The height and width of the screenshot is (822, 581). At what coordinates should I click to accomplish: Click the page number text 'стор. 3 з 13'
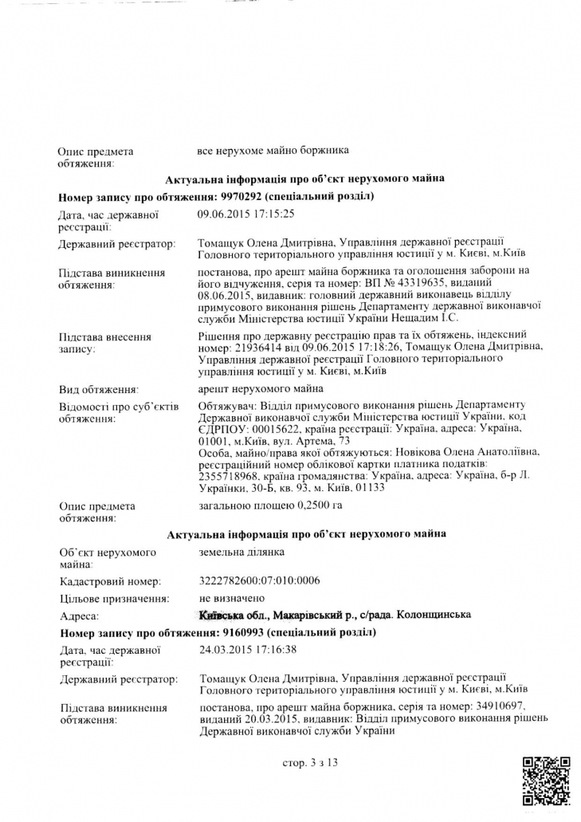coord(310,763)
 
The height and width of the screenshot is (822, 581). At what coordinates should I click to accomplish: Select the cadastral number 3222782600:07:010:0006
coord(258,580)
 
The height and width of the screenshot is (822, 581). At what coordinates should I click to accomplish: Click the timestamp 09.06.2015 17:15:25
coord(246,214)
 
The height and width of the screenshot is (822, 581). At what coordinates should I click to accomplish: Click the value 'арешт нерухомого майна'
coord(260,389)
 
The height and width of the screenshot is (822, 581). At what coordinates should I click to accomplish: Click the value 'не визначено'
coord(230,598)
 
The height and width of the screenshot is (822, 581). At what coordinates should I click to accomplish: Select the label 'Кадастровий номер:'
coord(110,581)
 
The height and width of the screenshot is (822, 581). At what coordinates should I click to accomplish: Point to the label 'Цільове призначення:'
coord(113,599)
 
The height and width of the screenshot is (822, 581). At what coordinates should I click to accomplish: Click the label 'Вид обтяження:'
coord(99,390)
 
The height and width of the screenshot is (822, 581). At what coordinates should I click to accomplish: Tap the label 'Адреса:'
coord(79,616)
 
